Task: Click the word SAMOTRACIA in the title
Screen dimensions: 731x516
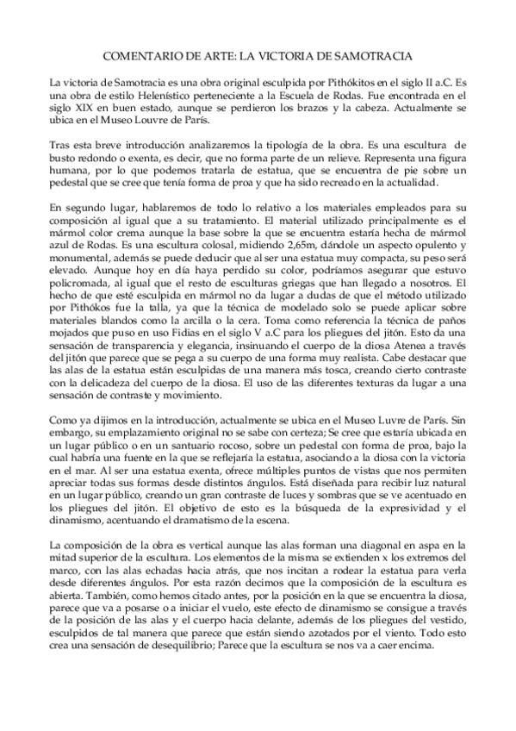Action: (x=368, y=55)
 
